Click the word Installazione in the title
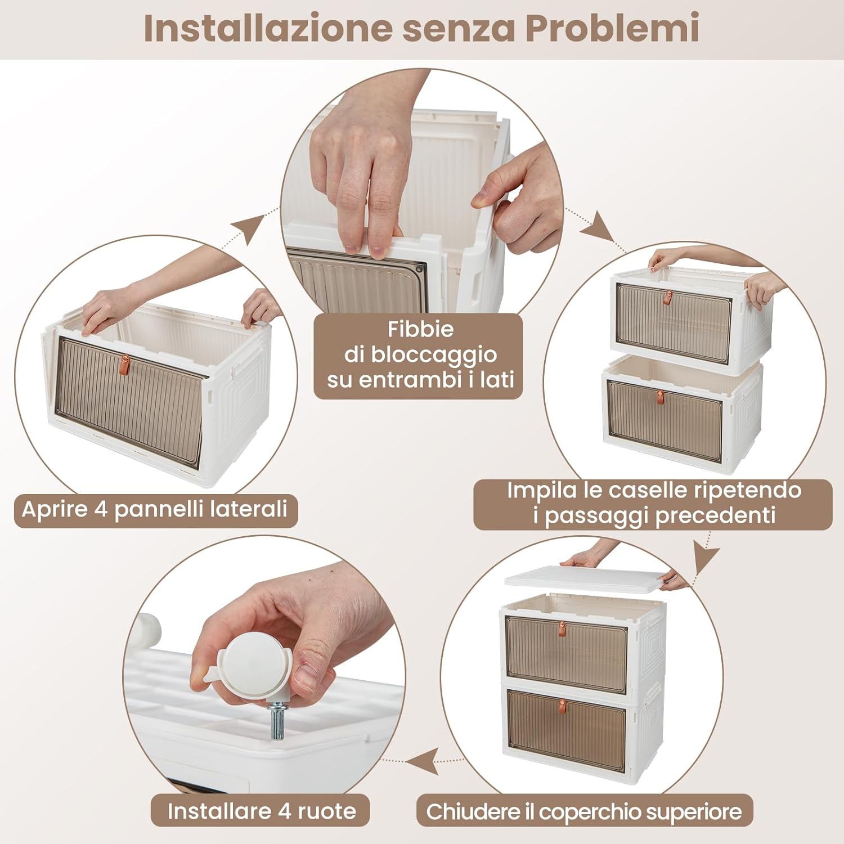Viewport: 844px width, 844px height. (x=268, y=28)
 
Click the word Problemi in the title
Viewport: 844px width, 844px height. (x=612, y=28)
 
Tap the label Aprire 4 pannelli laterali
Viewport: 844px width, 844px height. (x=155, y=510)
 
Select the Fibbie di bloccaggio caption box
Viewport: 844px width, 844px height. (x=419, y=356)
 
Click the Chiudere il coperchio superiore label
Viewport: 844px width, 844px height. (x=584, y=811)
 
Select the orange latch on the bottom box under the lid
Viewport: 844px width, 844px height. (x=562, y=704)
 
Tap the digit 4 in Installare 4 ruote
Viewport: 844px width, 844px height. (x=285, y=811)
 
